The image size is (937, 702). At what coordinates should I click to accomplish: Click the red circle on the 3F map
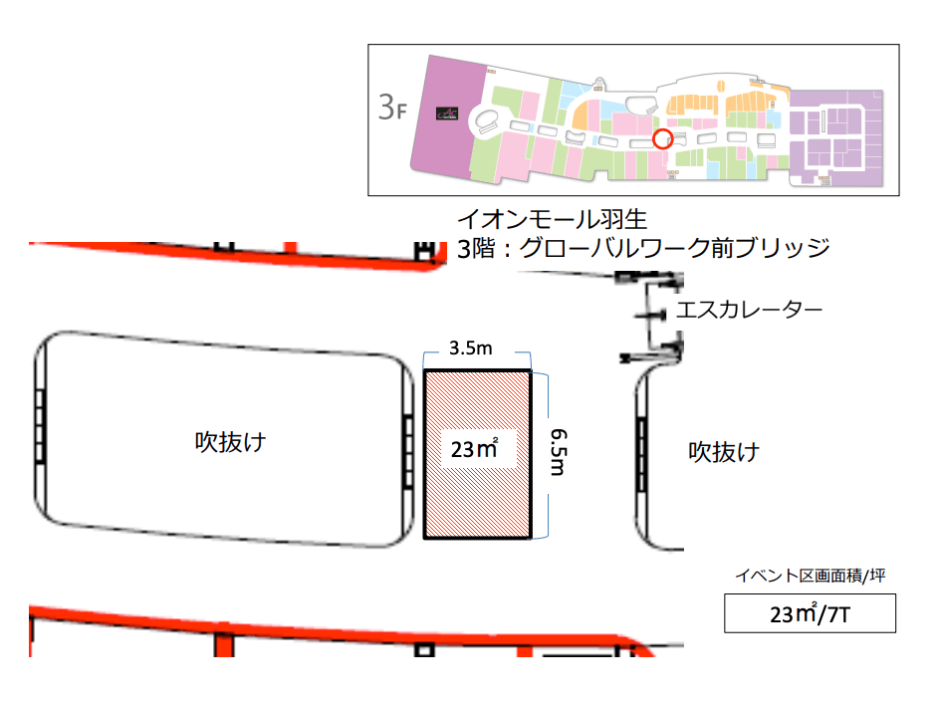click(660, 139)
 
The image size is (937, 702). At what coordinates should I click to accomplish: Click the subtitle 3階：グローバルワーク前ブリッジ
click(643, 247)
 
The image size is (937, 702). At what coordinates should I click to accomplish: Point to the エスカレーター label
click(749, 310)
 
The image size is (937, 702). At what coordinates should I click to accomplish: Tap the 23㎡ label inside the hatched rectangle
click(474, 451)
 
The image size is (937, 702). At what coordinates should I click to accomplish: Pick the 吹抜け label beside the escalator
click(725, 452)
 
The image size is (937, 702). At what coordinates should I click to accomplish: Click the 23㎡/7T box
click(810, 613)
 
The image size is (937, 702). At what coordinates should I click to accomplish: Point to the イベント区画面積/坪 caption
click(810, 576)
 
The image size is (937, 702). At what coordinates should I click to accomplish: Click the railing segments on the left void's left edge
click(40, 425)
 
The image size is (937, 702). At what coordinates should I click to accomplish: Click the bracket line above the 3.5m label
click(475, 361)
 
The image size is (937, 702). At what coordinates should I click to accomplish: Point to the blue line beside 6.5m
click(544, 454)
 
